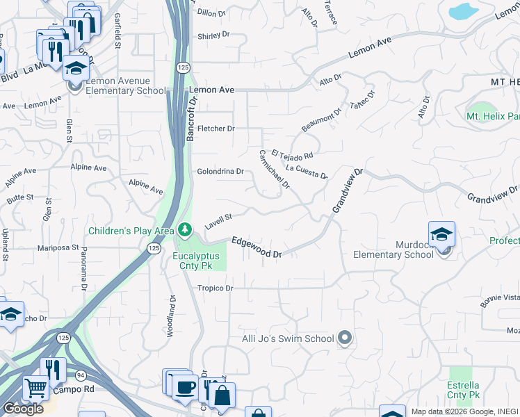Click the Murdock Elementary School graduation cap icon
click(x=441, y=236)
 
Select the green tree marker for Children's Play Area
click(x=184, y=229)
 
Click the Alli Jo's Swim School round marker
click(x=346, y=338)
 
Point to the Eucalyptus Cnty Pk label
click(x=196, y=261)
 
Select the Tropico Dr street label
click(x=214, y=288)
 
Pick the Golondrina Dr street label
click(x=220, y=171)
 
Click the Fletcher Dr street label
click(x=216, y=129)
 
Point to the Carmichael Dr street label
click(x=274, y=170)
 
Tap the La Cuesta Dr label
click(x=307, y=171)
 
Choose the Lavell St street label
click(x=218, y=222)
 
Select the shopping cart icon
click(x=35, y=387)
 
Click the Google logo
click(x=23, y=409)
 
